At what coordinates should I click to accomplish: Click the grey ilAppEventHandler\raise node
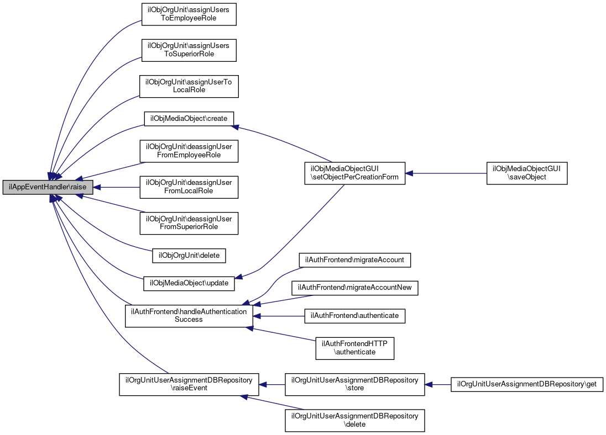point(48,187)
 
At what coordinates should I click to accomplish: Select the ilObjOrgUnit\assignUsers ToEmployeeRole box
point(189,14)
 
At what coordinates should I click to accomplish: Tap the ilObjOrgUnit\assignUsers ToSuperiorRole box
point(189,50)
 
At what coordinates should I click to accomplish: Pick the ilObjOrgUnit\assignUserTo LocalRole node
point(189,86)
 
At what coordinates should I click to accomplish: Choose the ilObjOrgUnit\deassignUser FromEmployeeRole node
point(189,151)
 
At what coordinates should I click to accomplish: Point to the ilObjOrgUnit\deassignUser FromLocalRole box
point(189,187)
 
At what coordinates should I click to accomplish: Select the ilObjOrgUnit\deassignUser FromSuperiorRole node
point(189,223)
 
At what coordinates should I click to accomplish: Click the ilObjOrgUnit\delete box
point(189,256)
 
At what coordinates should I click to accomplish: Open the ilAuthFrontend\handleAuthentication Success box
point(189,316)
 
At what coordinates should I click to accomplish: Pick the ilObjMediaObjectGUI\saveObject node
point(527,173)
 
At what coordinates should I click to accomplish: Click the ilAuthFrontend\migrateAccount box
point(355,259)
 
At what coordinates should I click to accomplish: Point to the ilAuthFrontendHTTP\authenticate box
point(355,348)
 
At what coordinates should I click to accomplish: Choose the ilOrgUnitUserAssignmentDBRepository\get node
point(527,384)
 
